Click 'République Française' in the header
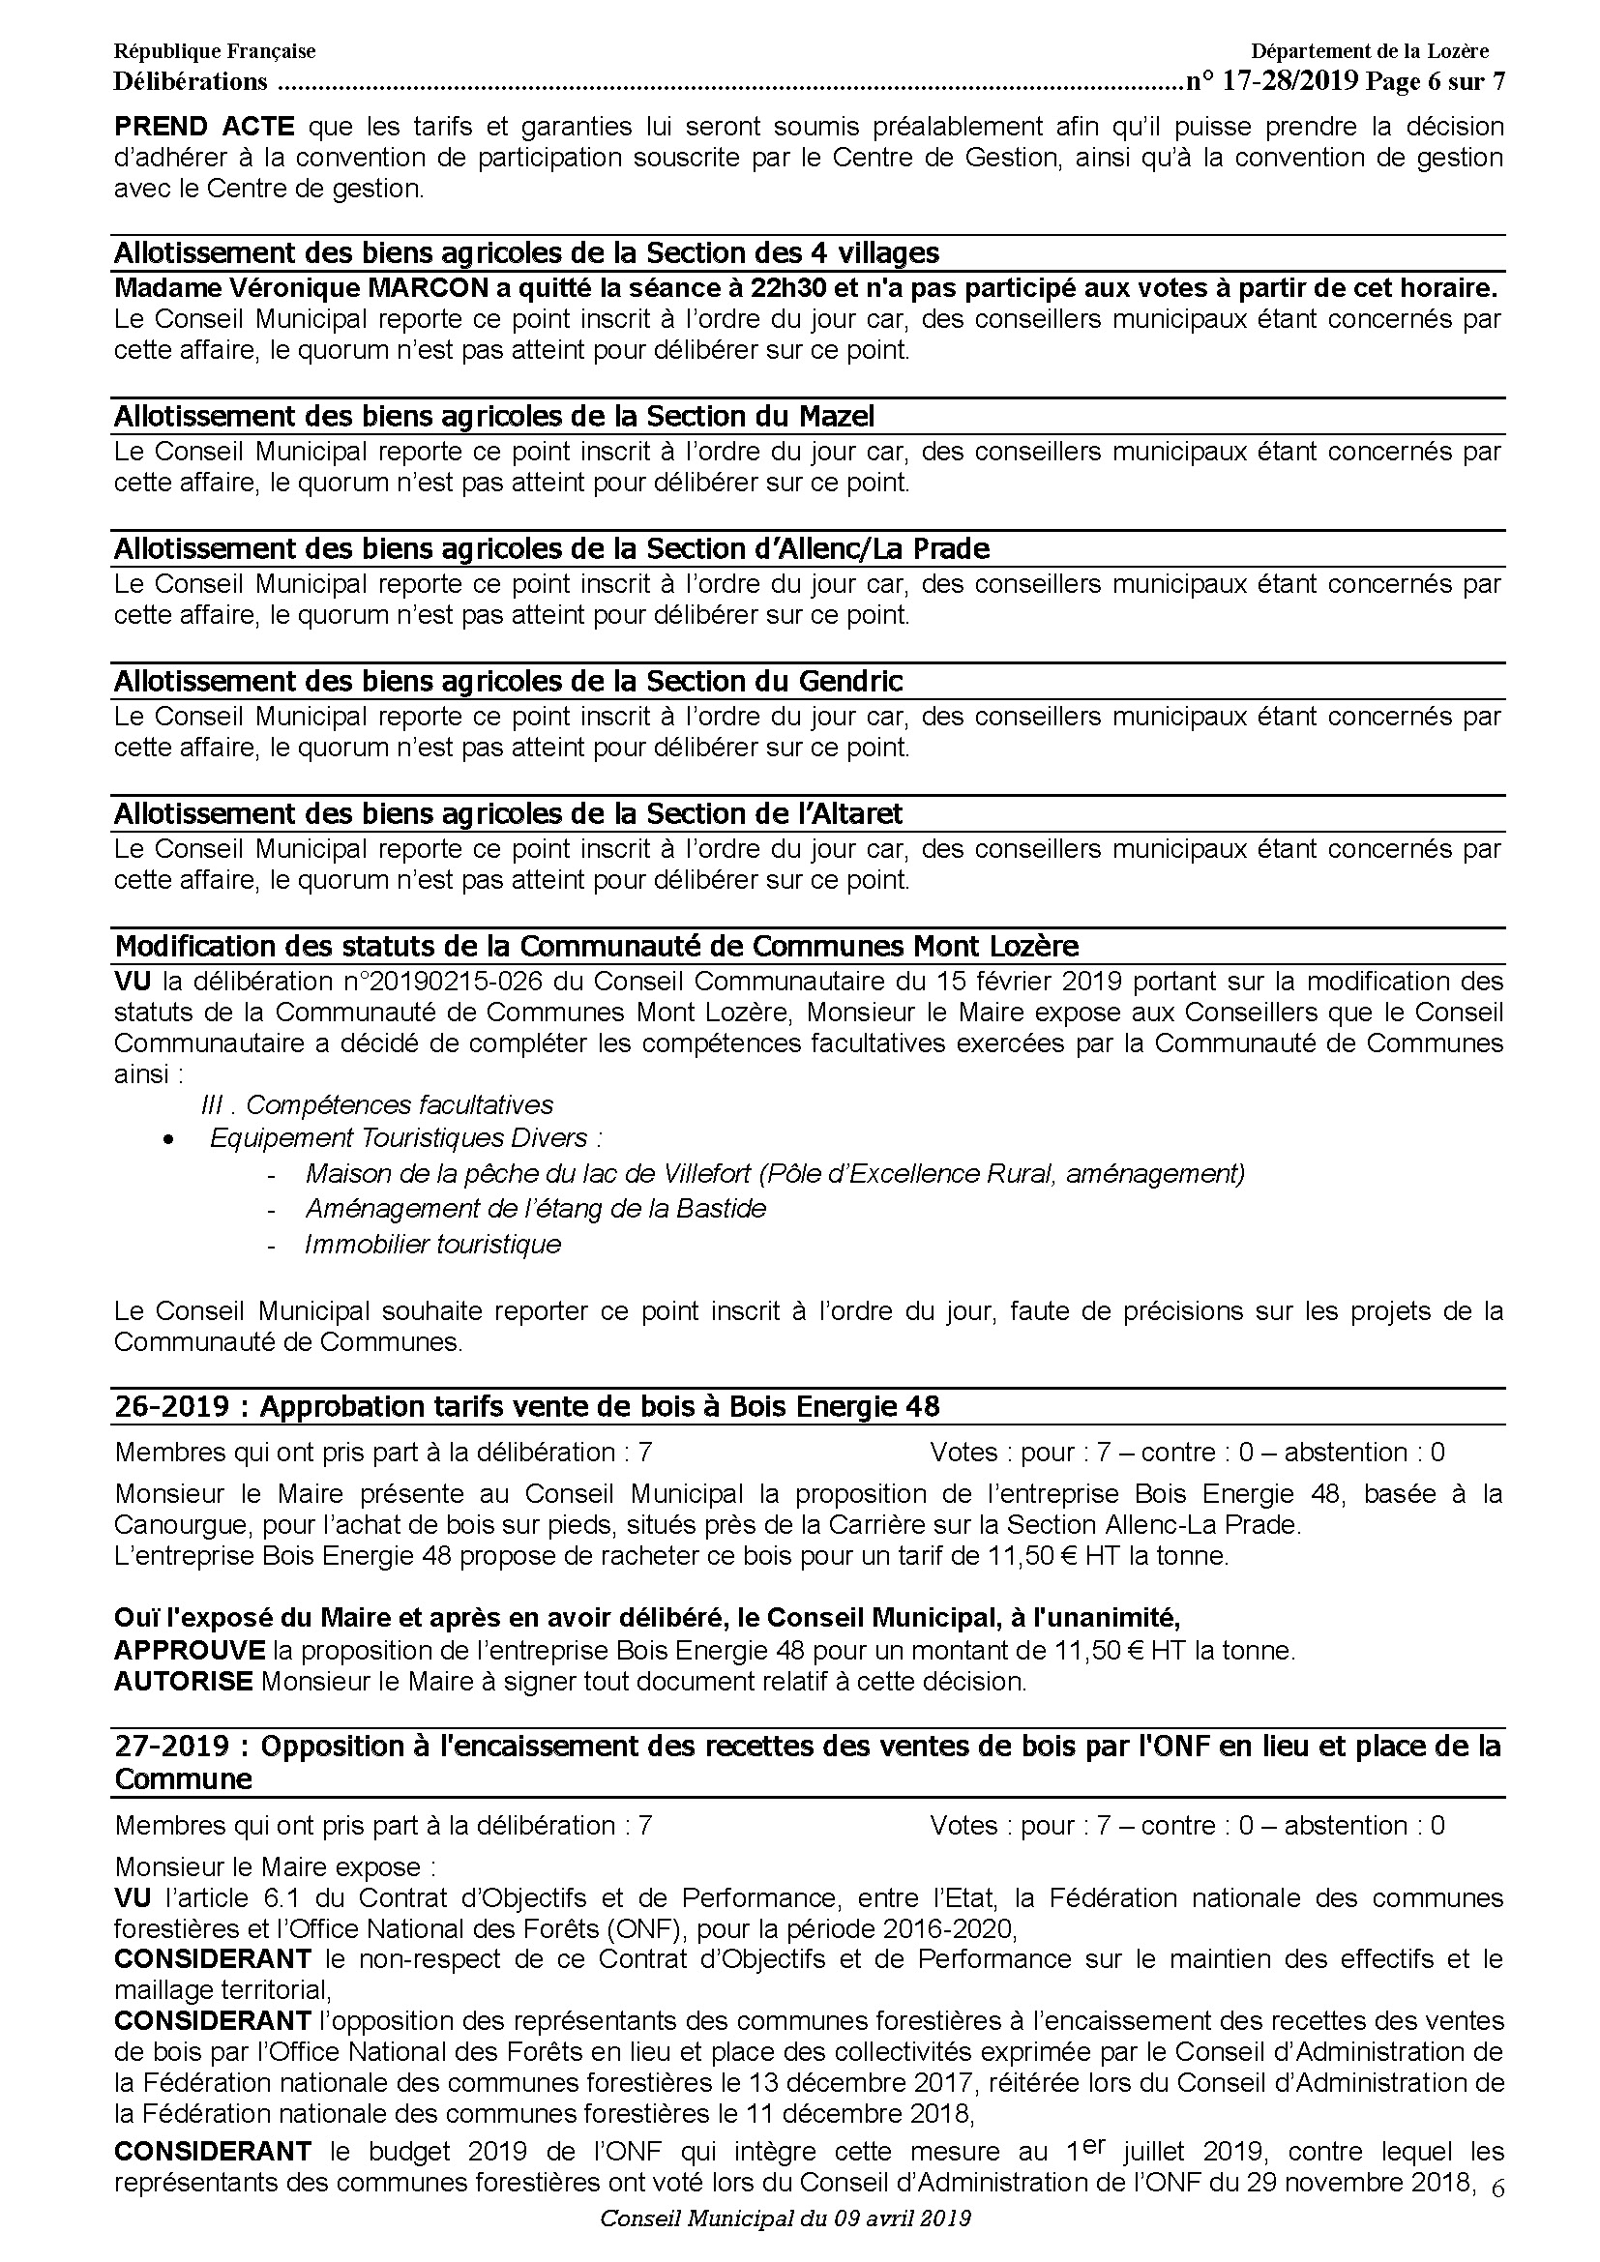[215, 51]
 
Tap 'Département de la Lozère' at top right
[1370, 51]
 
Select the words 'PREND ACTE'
[204, 127]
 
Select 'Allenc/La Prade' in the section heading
[876, 548]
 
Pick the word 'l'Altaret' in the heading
[848, 813]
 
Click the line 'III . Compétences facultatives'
[376, 1105]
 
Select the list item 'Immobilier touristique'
[432, 1245]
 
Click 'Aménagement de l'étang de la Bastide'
[535, 1209]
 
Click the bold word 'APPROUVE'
[190, 1650]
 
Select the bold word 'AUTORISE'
[183, 1682]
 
